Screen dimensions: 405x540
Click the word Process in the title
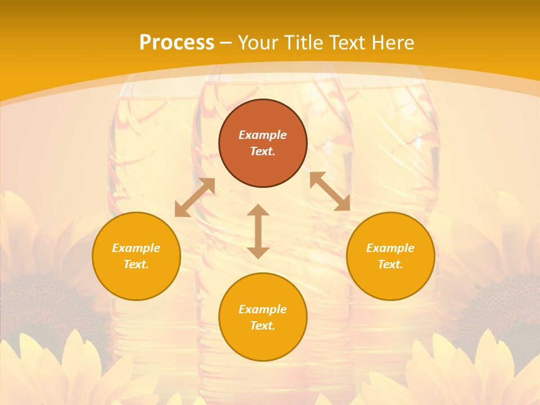tap(177, 43)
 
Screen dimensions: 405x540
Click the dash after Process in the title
tap(226, 44)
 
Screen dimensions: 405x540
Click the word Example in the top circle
tap(263, 135)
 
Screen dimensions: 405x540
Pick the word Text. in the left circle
tap(136, 264)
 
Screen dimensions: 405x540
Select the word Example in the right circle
tap(390, 248)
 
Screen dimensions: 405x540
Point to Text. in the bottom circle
tap(263, 326)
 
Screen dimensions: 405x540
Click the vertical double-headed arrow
tap(258, 231)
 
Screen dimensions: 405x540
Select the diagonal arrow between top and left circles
tap(195, 197)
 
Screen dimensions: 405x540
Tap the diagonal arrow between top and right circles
tap(330, 191)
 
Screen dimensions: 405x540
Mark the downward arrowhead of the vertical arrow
tap(258, 253)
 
